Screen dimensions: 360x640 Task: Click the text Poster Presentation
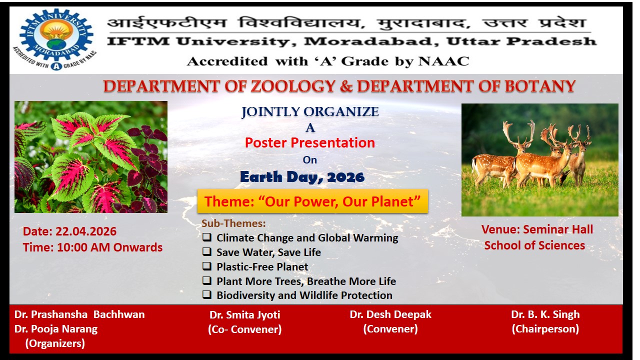[309, 143]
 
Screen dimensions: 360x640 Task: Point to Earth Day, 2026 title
[302, 177]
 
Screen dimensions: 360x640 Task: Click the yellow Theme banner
[312, 201]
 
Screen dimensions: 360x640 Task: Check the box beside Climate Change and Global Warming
[206, 238]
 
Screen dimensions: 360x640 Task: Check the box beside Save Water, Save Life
[206, 252]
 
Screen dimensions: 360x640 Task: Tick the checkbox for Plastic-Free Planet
[206, 266]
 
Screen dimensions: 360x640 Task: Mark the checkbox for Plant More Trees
[206, 281]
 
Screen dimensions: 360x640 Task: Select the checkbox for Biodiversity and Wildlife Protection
[206, 295]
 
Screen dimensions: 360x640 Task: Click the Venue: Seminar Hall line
[537, 229]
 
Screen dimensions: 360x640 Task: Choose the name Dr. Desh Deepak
[390, 314]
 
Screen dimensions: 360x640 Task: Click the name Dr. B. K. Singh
[545, 314]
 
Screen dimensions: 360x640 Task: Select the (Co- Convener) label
[244, 329]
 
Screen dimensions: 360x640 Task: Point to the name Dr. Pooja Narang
[56, 329]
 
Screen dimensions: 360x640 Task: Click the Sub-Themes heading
[233, 223]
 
